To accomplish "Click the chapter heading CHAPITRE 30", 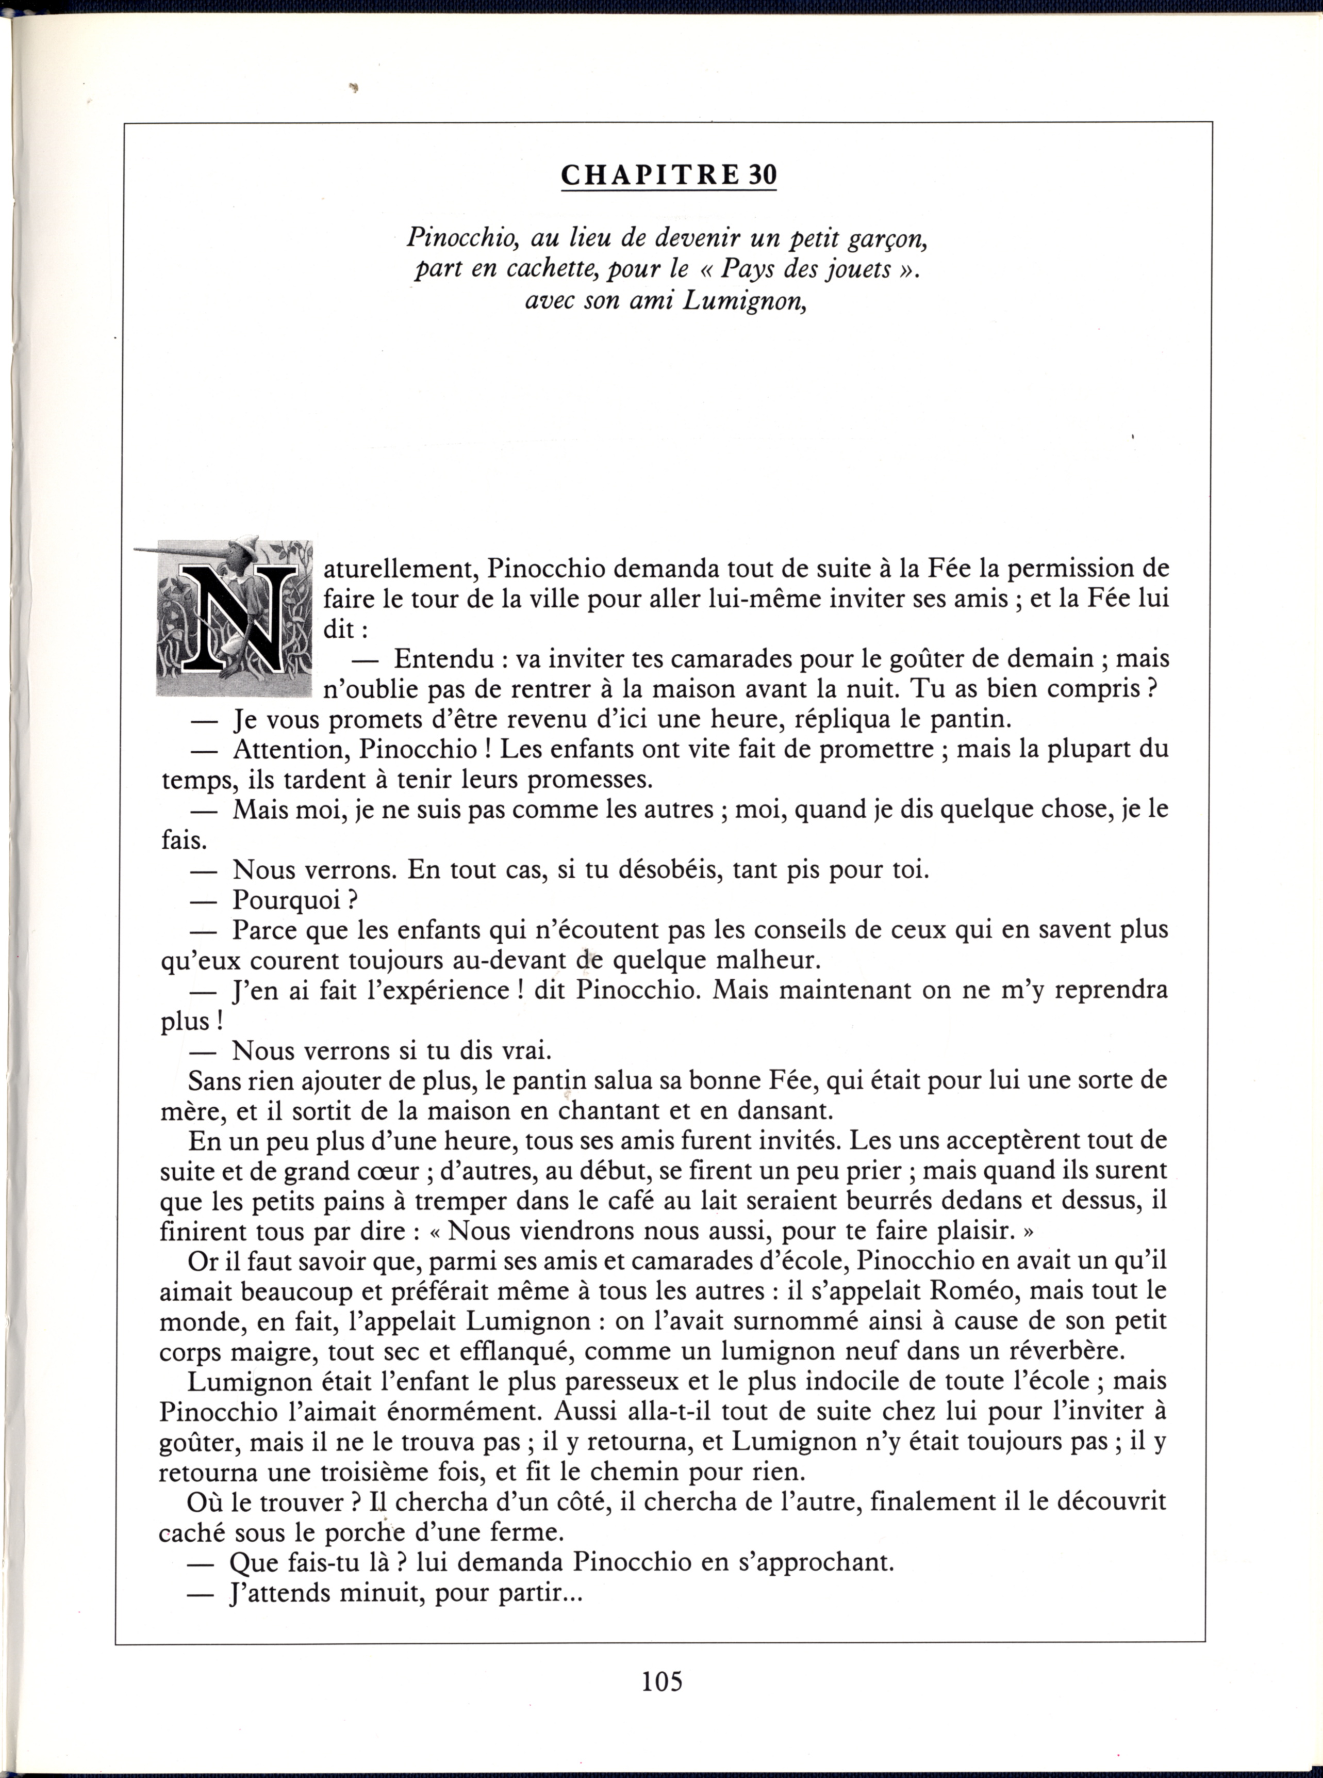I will click(669, 175).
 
